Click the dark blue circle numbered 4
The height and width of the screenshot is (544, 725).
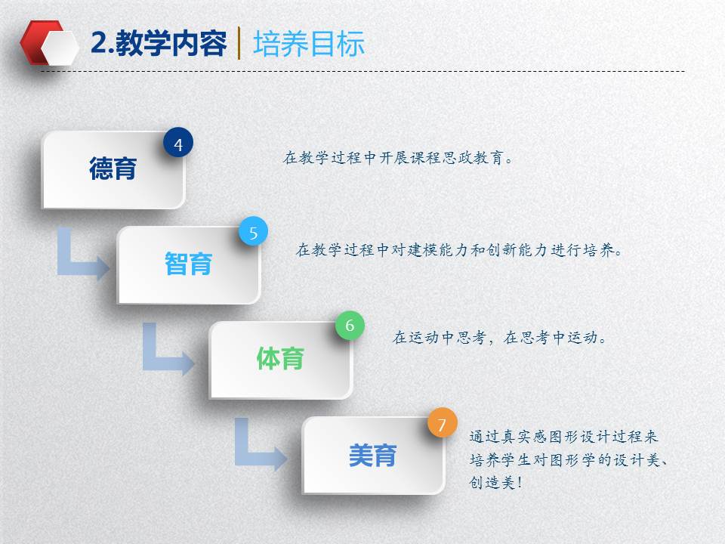(178, 143)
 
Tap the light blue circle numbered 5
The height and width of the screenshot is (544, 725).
(254, 231)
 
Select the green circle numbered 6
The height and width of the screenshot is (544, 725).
(350, 326)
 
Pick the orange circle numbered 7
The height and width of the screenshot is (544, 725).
(442, 423)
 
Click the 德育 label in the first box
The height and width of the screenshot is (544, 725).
(113, 168)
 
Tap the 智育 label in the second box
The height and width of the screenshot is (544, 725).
(189, 264)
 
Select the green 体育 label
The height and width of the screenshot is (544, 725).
(280, 359)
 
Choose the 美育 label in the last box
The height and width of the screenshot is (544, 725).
(372, 455)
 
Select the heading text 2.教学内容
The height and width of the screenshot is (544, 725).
(159, 44)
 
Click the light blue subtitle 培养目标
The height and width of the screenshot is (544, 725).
(309, 44)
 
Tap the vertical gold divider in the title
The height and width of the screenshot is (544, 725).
(239, 43)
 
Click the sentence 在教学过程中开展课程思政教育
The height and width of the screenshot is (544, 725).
(398, 158)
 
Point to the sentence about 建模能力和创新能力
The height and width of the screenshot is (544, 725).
(458, 250)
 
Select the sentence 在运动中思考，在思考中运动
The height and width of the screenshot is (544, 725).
(499, 337)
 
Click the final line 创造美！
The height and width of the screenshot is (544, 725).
(495, 483)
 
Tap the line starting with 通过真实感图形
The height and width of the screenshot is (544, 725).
(563, 436)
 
